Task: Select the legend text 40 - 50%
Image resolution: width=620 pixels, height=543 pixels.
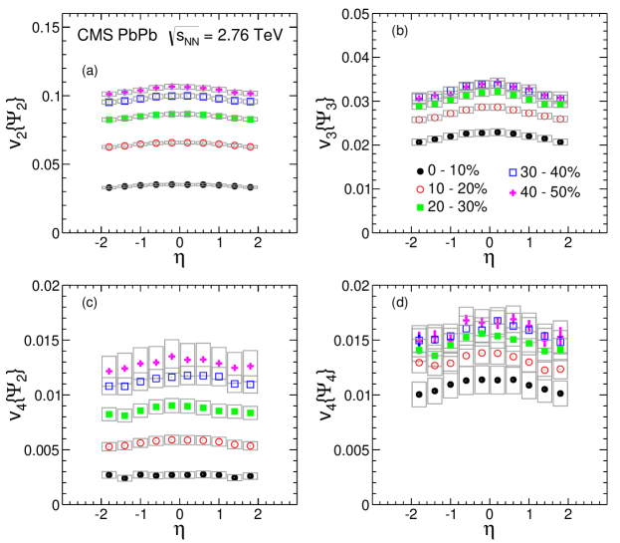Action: [x=547, y=188]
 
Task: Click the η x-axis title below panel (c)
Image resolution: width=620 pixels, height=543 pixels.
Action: [x=179, y=532]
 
